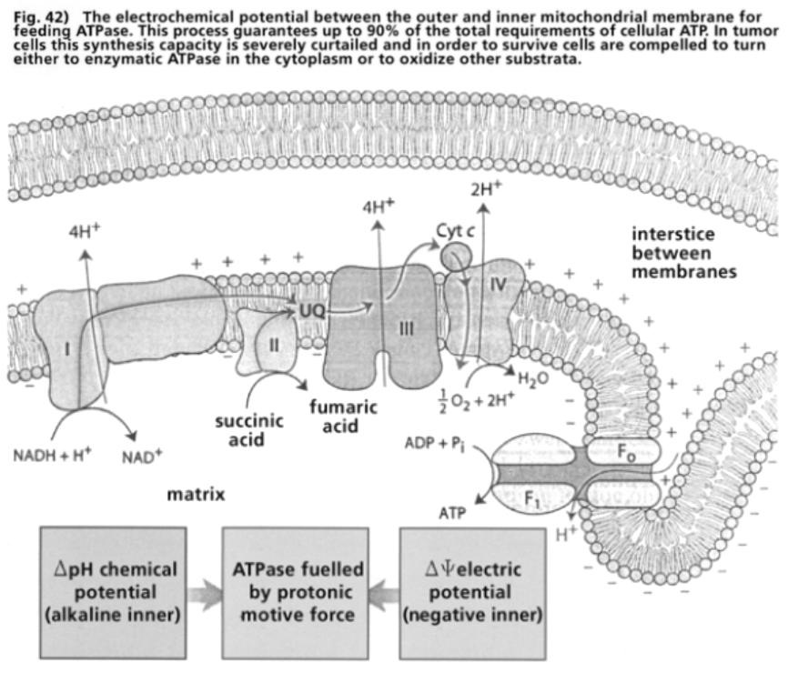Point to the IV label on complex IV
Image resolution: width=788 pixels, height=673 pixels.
[497, 285]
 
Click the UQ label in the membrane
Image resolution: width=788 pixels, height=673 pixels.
[310, 311]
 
